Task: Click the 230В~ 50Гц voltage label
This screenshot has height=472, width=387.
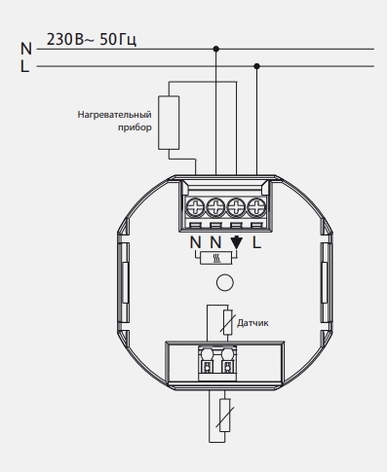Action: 92,40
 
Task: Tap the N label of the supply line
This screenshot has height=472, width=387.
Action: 26,49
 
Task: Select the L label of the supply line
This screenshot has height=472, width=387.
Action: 24,66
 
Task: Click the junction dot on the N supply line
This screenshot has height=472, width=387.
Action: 216,49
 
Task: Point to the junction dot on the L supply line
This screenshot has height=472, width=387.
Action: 256,66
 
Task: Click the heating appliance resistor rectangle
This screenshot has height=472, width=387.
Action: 169,123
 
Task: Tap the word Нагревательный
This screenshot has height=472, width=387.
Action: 114,115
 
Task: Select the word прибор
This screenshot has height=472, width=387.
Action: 135,127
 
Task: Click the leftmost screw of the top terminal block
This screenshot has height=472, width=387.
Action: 195,207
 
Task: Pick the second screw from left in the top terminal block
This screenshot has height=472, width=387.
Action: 215,207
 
